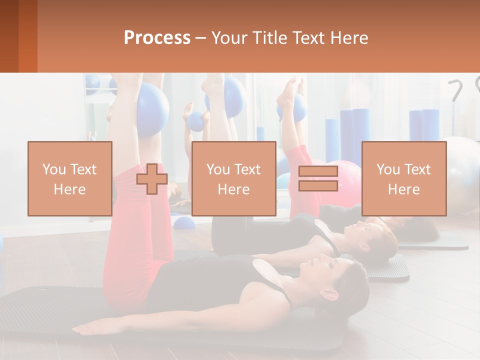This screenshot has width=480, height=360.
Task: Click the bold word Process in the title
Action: pyautogui.click(x=157, y=38)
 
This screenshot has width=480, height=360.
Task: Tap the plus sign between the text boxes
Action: pyautogui.click(x=152, y=179)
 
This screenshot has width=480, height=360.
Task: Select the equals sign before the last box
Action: pyautogui.click(x=318, y=178)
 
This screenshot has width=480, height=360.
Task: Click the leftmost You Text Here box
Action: pyautogui.click(x=69, y=178)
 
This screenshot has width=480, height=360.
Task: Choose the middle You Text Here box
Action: pyautogui.click(x=233, y=178)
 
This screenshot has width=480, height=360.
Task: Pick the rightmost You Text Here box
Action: pyautogui.click(x=403, y=178)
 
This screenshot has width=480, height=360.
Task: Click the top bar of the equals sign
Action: pyautogui.click(x=318, y=171)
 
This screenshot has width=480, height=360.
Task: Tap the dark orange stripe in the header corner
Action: pyautogui.click(x=27, y=36)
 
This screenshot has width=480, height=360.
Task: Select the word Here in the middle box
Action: pyautogui.click(x=233, y=189)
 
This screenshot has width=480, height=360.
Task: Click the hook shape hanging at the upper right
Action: pyautogui.click(x=456, y=90)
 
